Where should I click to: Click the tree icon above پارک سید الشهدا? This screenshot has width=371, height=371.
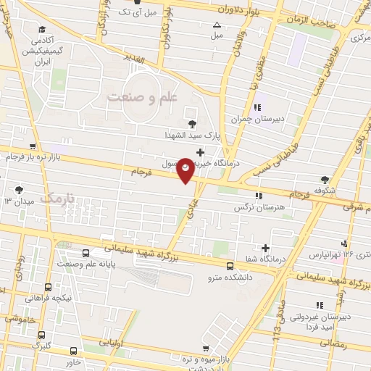point(192,124)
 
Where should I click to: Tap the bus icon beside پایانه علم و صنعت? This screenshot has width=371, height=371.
point(86,253)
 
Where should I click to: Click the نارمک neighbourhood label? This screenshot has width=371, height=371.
point(59,197)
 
